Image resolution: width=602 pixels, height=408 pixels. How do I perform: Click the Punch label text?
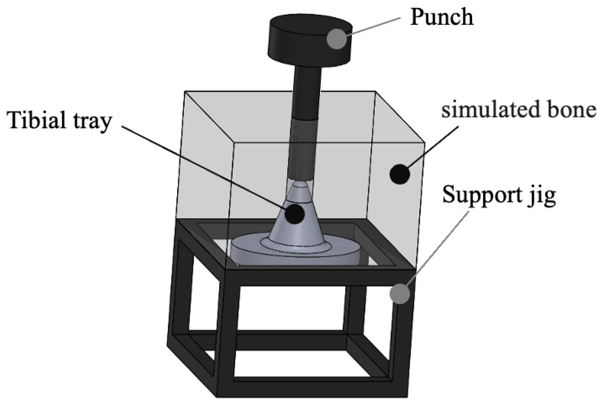[x=442, y=17]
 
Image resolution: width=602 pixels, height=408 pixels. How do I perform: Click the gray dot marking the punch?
[x=337, y=39]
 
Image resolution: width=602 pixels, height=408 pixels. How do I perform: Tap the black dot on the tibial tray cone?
[x=294, y=214]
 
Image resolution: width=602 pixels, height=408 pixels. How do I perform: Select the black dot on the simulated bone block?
[x=400, y=174]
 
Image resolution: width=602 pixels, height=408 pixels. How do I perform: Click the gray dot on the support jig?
[x=400, y=294]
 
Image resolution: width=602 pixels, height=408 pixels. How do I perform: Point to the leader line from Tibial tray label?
[x=202, y=166]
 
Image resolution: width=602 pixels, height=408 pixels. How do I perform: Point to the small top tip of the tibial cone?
[x=300, y=186]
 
